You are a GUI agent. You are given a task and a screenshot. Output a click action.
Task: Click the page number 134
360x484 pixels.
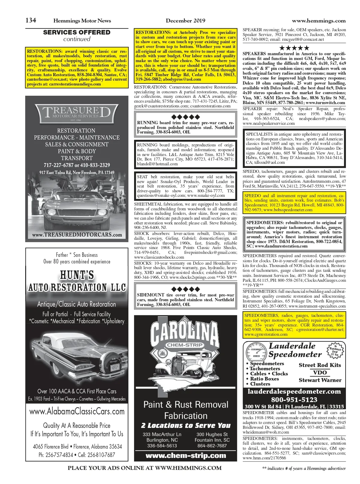point(31,20)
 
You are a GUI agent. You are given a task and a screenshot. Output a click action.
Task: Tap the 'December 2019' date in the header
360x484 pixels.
point(185,21)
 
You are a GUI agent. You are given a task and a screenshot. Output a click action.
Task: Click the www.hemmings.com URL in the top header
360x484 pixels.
point(319,21)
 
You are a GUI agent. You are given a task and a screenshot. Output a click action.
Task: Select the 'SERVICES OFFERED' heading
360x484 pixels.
point(77,32)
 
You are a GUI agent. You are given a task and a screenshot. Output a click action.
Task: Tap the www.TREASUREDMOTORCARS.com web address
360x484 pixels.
point(77,235)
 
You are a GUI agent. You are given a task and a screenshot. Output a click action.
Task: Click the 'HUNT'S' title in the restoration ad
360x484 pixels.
point(77,275)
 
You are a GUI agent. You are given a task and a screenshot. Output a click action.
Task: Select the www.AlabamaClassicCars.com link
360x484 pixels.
point(77,411)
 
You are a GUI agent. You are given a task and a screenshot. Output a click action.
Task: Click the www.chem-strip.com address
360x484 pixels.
point(186,455)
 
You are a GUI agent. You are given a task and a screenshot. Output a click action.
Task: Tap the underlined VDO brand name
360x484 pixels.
point(320,373)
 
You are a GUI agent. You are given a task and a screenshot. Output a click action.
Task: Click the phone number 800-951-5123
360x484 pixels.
point(294,400)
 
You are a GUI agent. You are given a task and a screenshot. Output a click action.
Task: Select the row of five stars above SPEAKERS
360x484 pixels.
point(294,48)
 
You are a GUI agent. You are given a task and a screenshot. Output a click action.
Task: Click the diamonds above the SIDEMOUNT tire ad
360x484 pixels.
point(185,289)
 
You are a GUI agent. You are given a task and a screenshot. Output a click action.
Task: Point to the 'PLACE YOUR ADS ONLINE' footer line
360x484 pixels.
point(145,468)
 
